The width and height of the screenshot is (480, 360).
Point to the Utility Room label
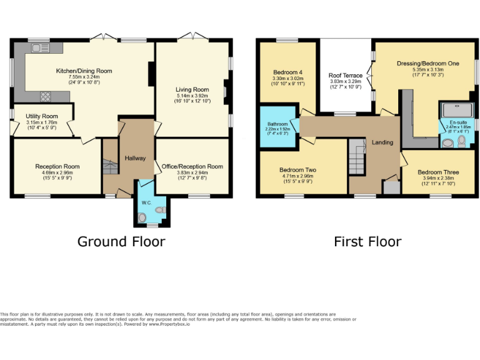pos(42,116)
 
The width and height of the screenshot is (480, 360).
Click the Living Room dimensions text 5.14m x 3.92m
pos(192,98)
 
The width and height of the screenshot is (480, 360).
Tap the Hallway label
pos(135,158)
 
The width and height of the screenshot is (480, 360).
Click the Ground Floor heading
pos(121,241)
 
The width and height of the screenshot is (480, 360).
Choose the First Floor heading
pos(367,241)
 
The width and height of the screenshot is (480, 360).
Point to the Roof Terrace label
pos(345,75)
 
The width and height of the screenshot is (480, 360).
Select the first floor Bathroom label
pos(278,124)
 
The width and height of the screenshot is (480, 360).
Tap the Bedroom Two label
pos(297,169)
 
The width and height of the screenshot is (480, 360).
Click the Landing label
pos(382,142)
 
